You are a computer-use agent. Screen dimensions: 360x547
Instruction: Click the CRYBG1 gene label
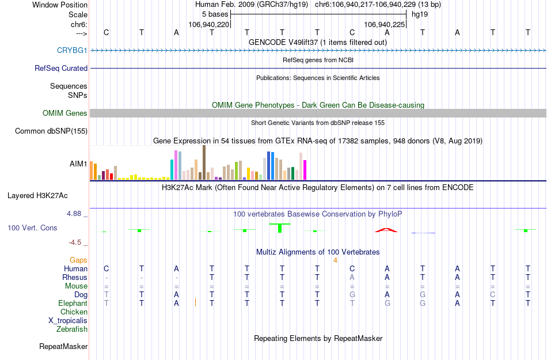coord(72,51)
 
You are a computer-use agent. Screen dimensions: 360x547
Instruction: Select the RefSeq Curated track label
coord(61,69)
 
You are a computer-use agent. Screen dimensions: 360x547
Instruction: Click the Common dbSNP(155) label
coord(51,131)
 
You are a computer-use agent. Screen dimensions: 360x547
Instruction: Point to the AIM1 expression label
coord(78,164)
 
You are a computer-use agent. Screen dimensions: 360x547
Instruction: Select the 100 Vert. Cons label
coord(32,228)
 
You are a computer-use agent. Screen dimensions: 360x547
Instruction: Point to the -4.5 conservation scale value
coord(77,242)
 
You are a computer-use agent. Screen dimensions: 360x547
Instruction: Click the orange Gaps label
coord(78,260)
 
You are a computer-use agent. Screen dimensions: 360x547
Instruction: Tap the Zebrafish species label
coord(72,329)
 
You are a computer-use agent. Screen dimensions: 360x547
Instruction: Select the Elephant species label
coord(73,304)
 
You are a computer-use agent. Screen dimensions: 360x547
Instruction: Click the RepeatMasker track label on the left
coord(63,347)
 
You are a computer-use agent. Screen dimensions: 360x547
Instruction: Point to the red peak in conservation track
coord(386,230)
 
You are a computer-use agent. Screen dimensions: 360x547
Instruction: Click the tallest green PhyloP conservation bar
coord(280,228)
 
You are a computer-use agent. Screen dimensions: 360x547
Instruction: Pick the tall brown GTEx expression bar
coord(204,162)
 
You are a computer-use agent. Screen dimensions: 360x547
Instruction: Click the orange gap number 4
coord(335,260)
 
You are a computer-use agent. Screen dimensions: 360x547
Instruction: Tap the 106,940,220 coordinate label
coord(209,25)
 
